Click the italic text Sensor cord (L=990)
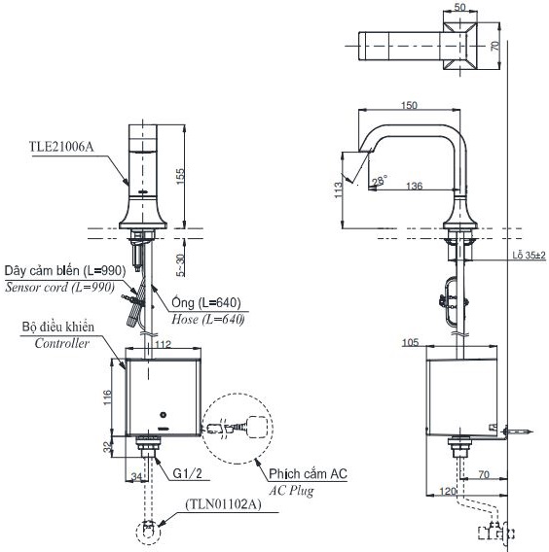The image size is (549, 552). (59, 289)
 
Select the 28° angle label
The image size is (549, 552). (378, 179)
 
